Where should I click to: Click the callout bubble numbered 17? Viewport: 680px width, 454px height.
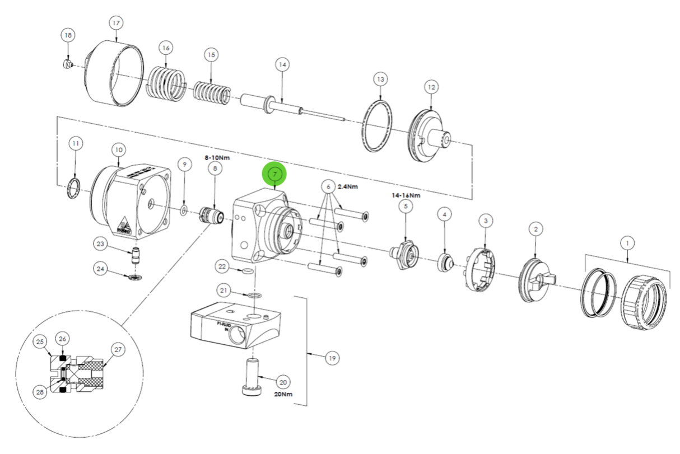[x=116, y=24]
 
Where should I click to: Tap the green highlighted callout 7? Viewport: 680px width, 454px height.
[x=274, y=174]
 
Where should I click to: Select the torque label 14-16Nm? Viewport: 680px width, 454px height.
[x=406, y=195]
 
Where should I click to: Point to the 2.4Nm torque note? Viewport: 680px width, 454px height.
[x=348, y=186]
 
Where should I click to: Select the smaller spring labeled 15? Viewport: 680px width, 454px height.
[x=211, y=92]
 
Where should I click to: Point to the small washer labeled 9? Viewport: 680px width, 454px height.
[x=183, y=210]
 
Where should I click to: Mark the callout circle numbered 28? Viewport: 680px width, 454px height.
[x=40, y=392]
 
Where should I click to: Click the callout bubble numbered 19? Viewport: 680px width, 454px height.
[x=333, y=357]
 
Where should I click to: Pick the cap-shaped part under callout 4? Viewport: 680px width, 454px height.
[x=445, y=261]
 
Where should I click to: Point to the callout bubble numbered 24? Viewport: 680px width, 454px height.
[x=100, y=269]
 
